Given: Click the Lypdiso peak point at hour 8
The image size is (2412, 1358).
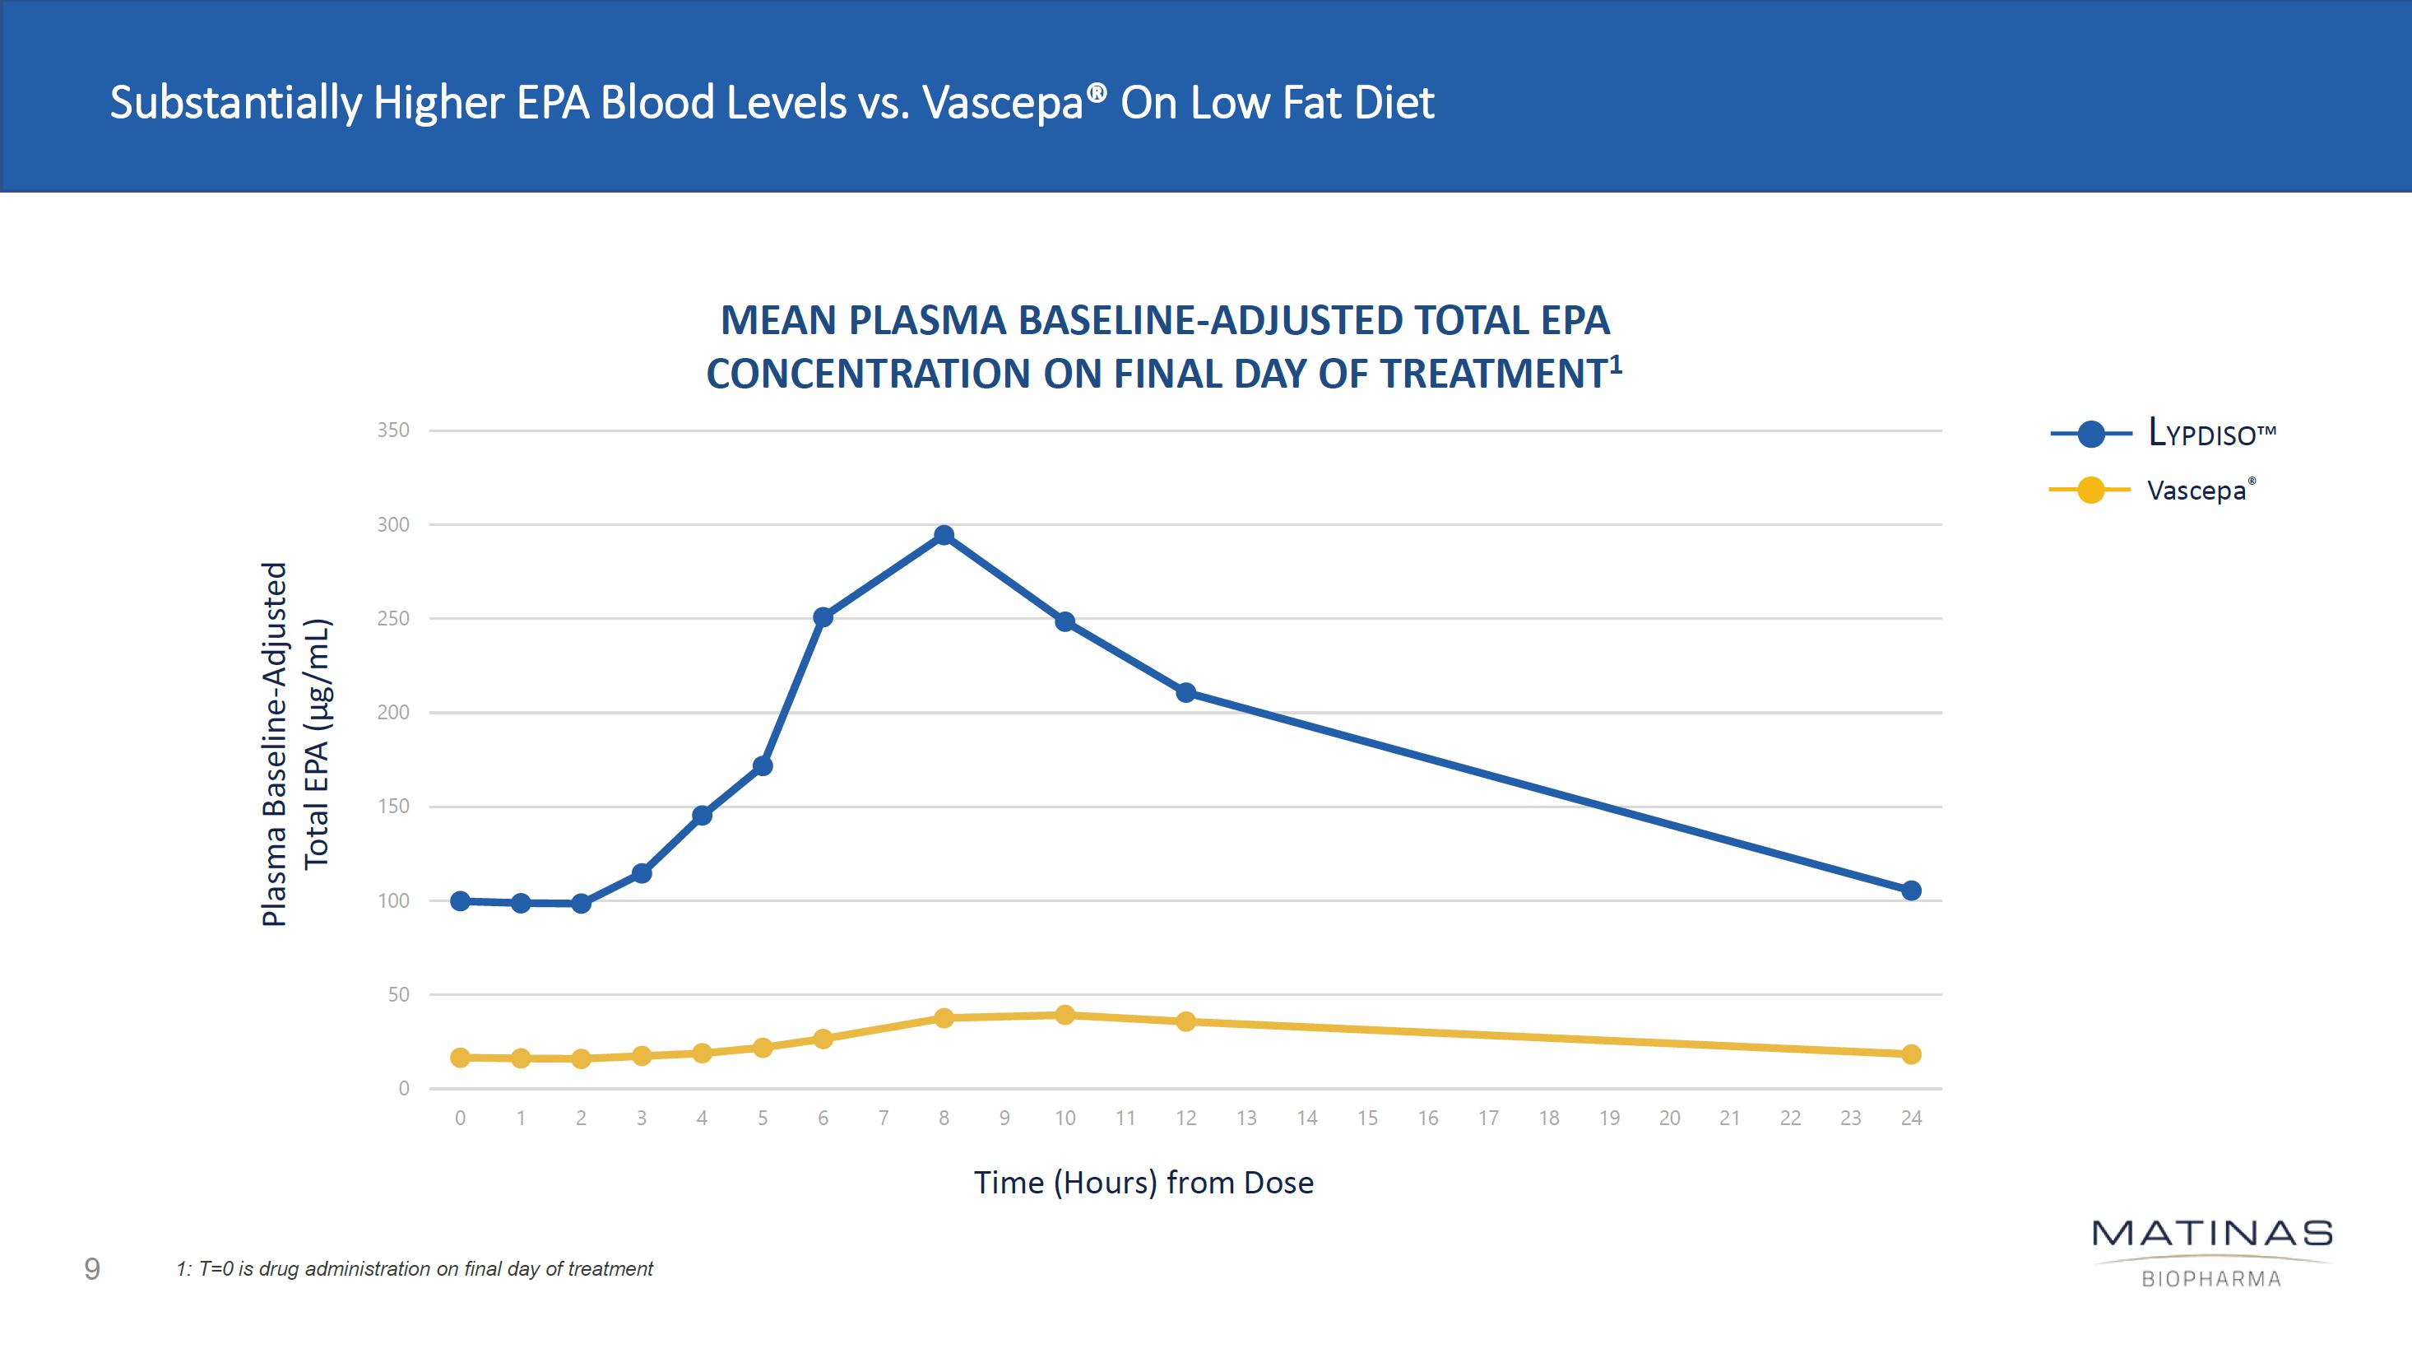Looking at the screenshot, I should [944, 536].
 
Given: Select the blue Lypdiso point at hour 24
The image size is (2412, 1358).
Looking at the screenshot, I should [1911, 891].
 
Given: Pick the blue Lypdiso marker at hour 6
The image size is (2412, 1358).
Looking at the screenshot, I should [823, 617].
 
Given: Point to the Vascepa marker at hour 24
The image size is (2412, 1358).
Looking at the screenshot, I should [1911, 1054].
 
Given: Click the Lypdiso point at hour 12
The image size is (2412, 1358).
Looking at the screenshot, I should [1185, 693].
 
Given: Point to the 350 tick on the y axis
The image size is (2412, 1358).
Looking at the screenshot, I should [393, 430].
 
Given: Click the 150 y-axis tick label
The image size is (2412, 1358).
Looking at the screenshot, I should [393, 807].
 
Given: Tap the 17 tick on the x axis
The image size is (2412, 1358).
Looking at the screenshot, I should [1488, 1118].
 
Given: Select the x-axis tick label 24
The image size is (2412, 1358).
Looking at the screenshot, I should [1911, 1118].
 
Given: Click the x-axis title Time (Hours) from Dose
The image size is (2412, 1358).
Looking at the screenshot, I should [1143, 1183].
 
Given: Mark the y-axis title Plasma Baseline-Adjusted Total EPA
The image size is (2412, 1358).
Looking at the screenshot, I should [295, 745].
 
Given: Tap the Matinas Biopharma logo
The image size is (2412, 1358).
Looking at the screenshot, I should [2211, 1252].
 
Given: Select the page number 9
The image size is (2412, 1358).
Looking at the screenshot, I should [92, 1269].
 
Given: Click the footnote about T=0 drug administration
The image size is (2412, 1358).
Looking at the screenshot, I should [415, 1270].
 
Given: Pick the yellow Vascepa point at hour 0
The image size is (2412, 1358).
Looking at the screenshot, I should [460, 1058].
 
